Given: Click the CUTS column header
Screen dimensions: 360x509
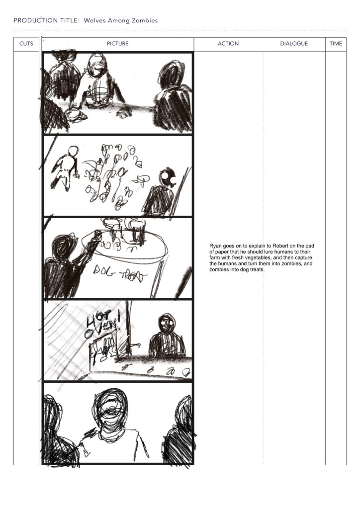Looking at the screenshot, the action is (x=26, y=44).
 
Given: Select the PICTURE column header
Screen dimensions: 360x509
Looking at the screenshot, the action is (x=117, y=44).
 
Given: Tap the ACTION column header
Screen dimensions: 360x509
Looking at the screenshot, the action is (x=228, y=44).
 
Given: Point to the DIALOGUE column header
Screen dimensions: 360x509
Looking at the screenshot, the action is (x=294, y=44).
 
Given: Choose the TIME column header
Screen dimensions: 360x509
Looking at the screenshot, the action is (x=336, y=44).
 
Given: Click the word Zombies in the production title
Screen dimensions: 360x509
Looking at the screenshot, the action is (x=145, y=20).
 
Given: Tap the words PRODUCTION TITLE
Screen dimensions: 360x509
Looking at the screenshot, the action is (x=46, y=20).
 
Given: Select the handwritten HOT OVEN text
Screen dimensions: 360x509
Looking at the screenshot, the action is (x=101, y=323).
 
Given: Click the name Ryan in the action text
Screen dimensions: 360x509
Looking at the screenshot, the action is (x=215, y=246).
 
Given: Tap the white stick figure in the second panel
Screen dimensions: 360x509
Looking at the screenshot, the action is (x=66, y=167).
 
